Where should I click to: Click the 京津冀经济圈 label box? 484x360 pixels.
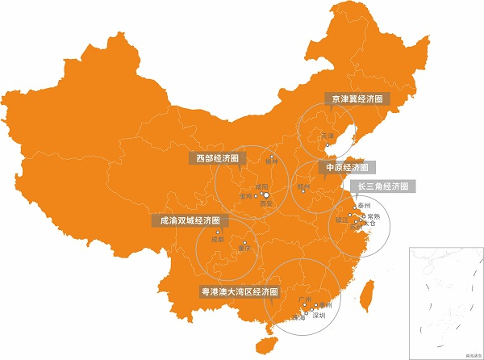pos(355,98)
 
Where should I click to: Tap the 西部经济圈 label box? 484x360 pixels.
pos(218,158)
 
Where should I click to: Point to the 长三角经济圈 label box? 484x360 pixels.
pos(386,186)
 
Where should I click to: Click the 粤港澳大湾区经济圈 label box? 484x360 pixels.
pos(239,291)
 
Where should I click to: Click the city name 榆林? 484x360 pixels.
pos(271,163)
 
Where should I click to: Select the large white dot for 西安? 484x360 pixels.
pos(266,195)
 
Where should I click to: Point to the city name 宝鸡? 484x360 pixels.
pos(245,196)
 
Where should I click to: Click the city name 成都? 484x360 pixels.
pos(216,240)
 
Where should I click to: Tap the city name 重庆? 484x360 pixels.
pos(245,249)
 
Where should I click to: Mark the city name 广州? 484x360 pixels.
pos(304,299)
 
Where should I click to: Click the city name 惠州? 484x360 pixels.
pos(325,305)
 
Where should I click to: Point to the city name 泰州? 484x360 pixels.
pos(363,207)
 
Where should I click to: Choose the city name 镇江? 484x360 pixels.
pos(341,219)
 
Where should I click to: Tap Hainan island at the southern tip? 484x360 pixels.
pos(263,345)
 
